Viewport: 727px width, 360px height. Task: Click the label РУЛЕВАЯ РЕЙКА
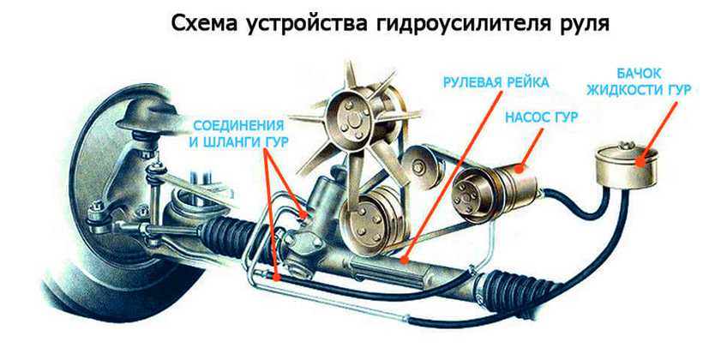click(495, 84)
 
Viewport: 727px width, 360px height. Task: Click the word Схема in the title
click(215, 23)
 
